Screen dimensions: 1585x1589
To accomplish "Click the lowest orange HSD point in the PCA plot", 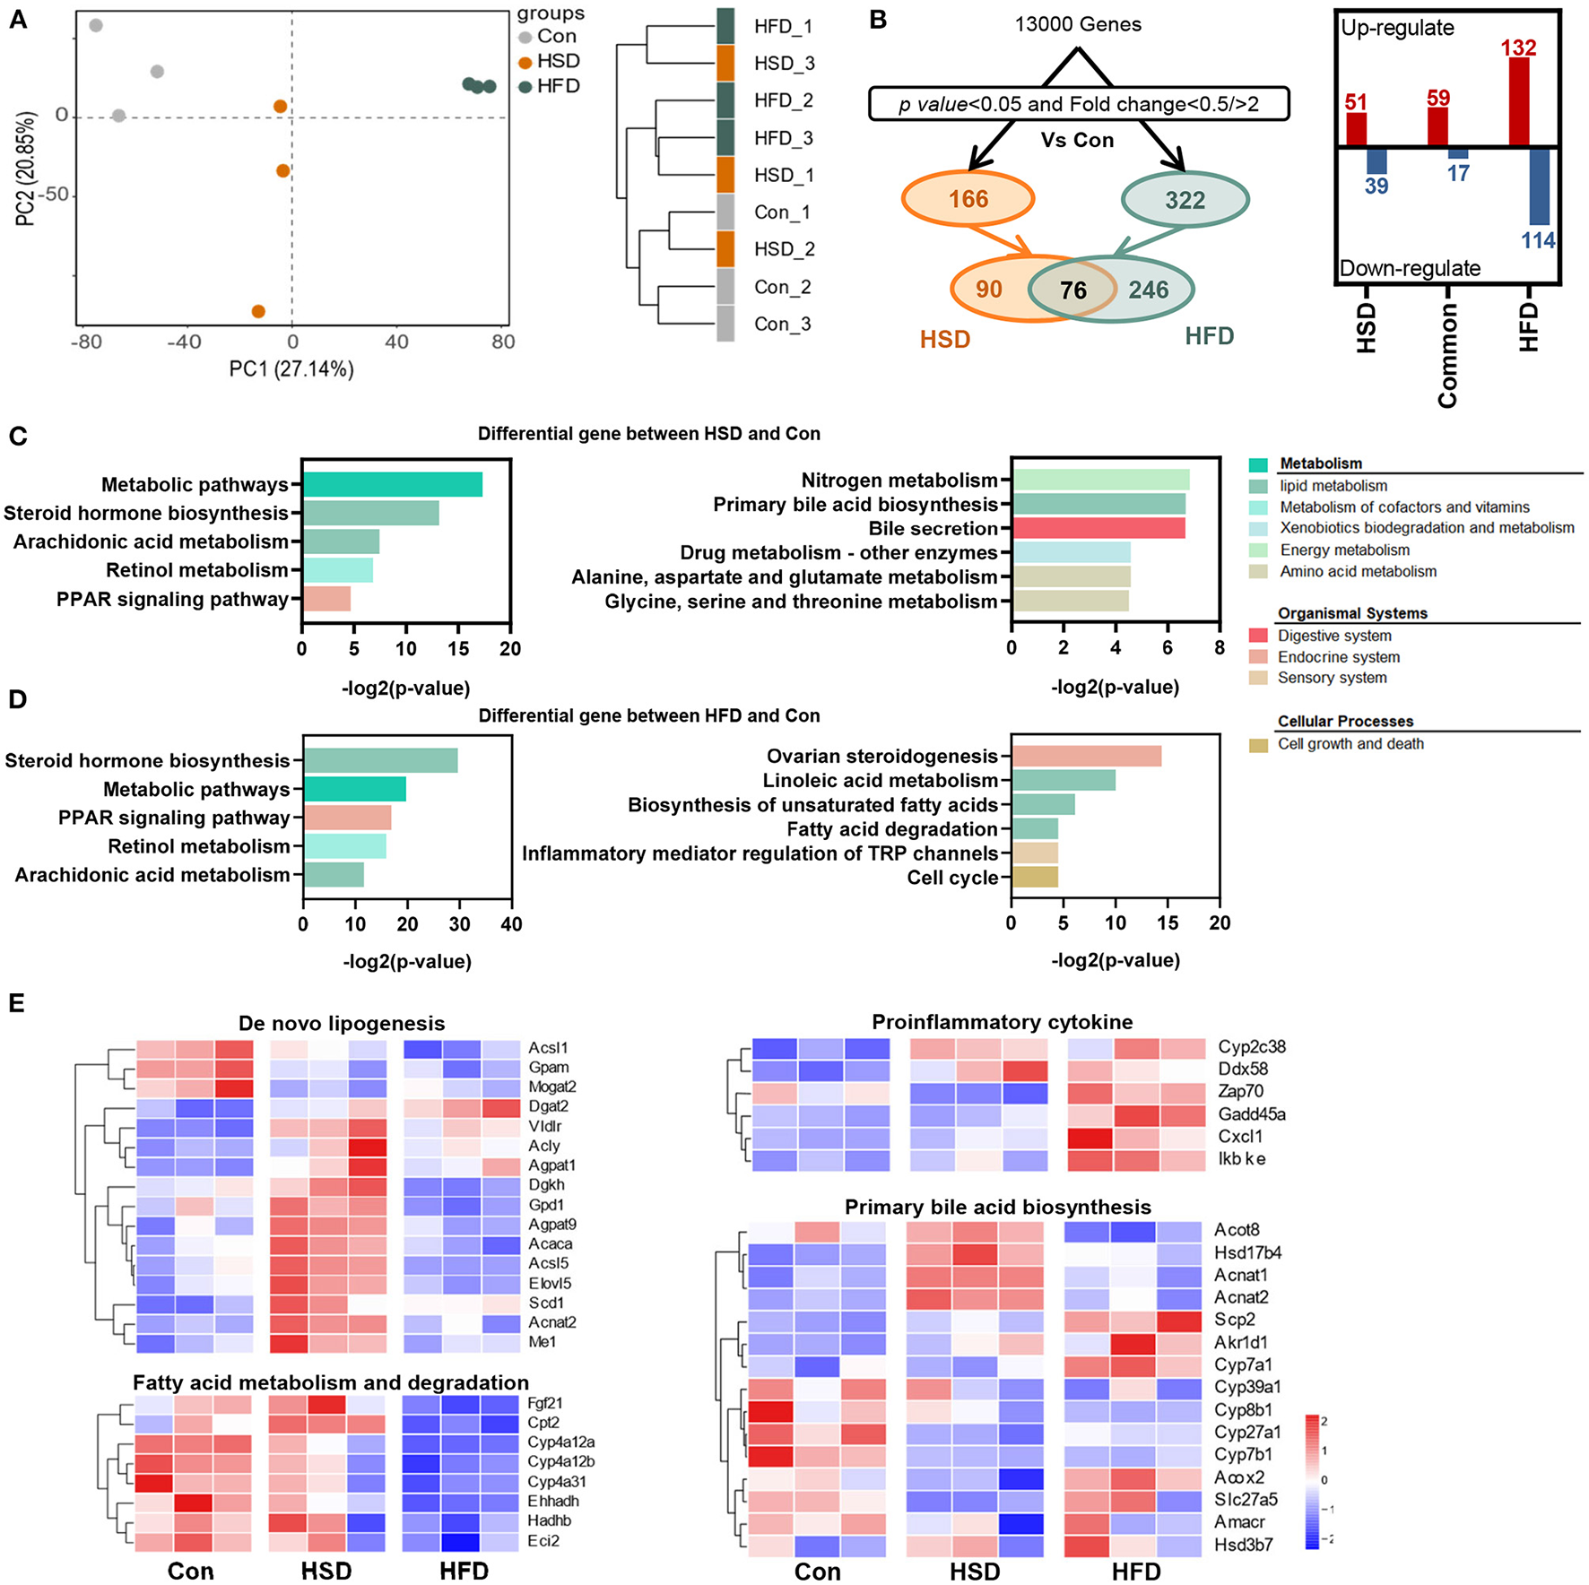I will click(x=258, y=311).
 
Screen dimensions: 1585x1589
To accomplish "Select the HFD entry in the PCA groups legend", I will click(x=558, y=86).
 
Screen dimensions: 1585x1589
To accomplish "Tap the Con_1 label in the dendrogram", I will click(x=782, y=212).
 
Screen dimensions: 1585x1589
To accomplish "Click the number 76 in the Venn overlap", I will click(x=1072, y=290).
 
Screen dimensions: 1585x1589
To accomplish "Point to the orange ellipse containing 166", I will click(x=968, y=199).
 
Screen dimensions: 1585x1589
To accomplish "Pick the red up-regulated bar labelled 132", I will click(x=1519, y=101).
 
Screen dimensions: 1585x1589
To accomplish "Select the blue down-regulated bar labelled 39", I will click(x=1376, y=161).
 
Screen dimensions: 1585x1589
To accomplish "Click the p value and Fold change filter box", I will click(x=1078, y=104).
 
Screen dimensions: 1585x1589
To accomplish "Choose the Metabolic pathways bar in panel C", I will click(x=392, y=485).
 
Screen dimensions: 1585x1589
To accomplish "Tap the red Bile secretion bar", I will click(x=1098, y=529).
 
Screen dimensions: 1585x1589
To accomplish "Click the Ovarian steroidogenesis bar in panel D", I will click(x=1087, y=757).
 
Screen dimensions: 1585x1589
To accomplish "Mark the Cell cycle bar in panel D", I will click(x=1035, y=878).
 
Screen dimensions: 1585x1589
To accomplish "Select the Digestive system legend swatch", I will click(x=1258, y=636).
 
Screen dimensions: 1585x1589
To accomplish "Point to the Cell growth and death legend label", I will click(x=1350, y=744).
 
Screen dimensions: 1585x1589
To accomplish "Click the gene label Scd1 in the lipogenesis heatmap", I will click(x=546, y=1303).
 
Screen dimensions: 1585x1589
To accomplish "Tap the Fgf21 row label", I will click(x=545, y=1403).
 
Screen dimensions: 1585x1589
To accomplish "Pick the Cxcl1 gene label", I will click(x=1240, y=1136).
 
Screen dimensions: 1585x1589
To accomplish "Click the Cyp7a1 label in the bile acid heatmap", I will click(x=1243, y=1364).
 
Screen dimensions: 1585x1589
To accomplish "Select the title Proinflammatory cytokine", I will click(x=1002, y=1022).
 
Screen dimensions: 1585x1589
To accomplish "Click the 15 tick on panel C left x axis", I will click(x=458, y=648).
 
